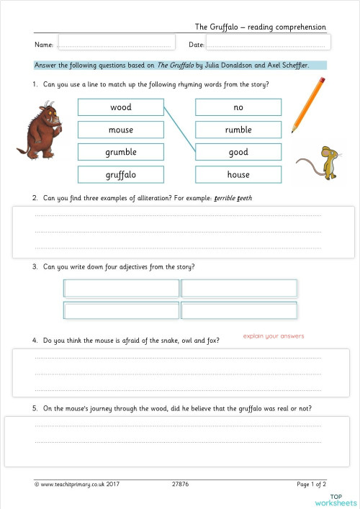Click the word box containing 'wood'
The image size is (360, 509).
tap(120, 107)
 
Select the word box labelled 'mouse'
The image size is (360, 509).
tap(120, 130)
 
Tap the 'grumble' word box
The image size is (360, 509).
tap(120, 152)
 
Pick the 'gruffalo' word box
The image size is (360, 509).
tap(120, 174)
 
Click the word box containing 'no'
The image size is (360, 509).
tap(238, 107)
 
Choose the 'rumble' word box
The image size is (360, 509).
tap(238, 130)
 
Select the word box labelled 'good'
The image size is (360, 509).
tap(238, 152)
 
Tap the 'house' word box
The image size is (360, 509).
tap(238, 174)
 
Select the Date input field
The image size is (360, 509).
tap(268, 44)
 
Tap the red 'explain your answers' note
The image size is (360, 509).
tap(273, 336)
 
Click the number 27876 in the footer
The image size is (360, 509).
tap(182, 485)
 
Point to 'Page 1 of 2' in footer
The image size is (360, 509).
tap(311, 485)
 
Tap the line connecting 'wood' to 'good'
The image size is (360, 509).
tap(179, 130)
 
